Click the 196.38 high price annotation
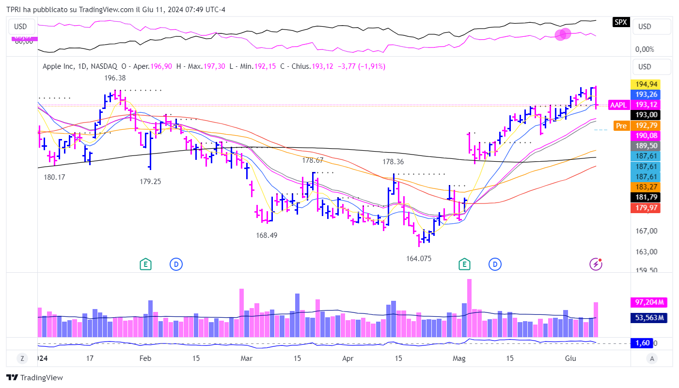115,78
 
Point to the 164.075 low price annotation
419,259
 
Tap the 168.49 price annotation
267,235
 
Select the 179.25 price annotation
150,182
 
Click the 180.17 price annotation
54,177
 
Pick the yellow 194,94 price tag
647,84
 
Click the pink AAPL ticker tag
618,105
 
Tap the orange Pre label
621,125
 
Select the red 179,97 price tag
647,208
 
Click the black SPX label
621,22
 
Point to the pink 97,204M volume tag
648,302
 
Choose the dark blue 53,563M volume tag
648,318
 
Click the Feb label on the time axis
145,358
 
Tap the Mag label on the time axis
458,358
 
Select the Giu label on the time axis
570,358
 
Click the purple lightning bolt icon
596,264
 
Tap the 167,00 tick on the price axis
647,231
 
